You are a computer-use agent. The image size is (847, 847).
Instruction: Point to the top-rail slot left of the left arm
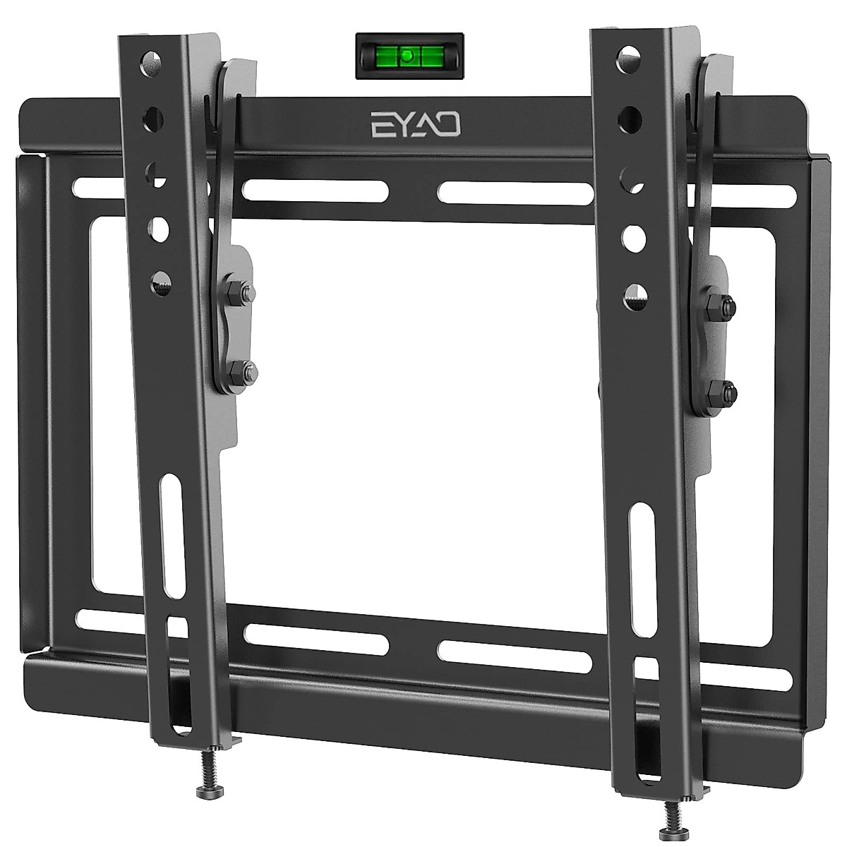(x=95, y=188)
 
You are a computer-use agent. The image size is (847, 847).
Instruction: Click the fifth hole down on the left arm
(x=160, y=279)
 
